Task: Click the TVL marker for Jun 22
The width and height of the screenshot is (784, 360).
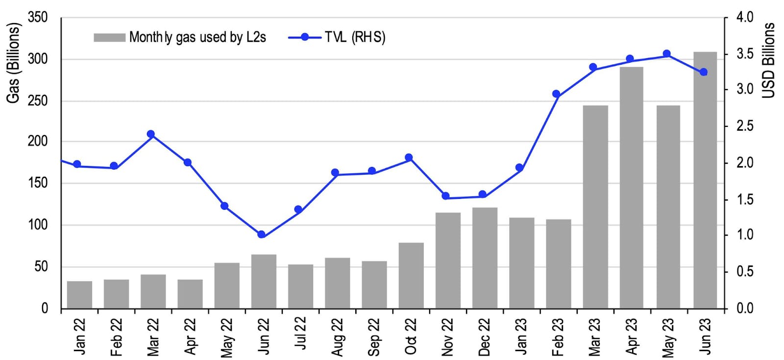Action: coord(261,235)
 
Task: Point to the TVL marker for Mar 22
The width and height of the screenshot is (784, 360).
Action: coord(151,134)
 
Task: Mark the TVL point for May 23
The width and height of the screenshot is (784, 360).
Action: coord(666,54)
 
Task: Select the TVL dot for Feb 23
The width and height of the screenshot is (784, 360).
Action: coord(556,94)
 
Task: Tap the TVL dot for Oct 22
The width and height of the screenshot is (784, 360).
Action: coord(409,158)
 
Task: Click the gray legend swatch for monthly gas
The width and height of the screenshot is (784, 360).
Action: coord(109,38)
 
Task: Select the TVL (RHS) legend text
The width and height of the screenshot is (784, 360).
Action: coord(355,37)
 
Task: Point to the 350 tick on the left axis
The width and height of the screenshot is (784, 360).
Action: coord(38,18)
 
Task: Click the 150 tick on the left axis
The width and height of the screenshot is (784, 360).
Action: coord(38,183)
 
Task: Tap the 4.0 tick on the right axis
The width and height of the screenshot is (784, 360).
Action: coord(745,18)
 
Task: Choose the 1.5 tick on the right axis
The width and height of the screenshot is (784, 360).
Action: coord(745,199)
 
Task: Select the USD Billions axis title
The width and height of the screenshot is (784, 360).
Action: coord(769,60)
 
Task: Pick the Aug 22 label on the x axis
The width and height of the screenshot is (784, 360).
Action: coord(338,336)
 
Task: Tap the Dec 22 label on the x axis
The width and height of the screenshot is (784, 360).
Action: coord(485,336)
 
